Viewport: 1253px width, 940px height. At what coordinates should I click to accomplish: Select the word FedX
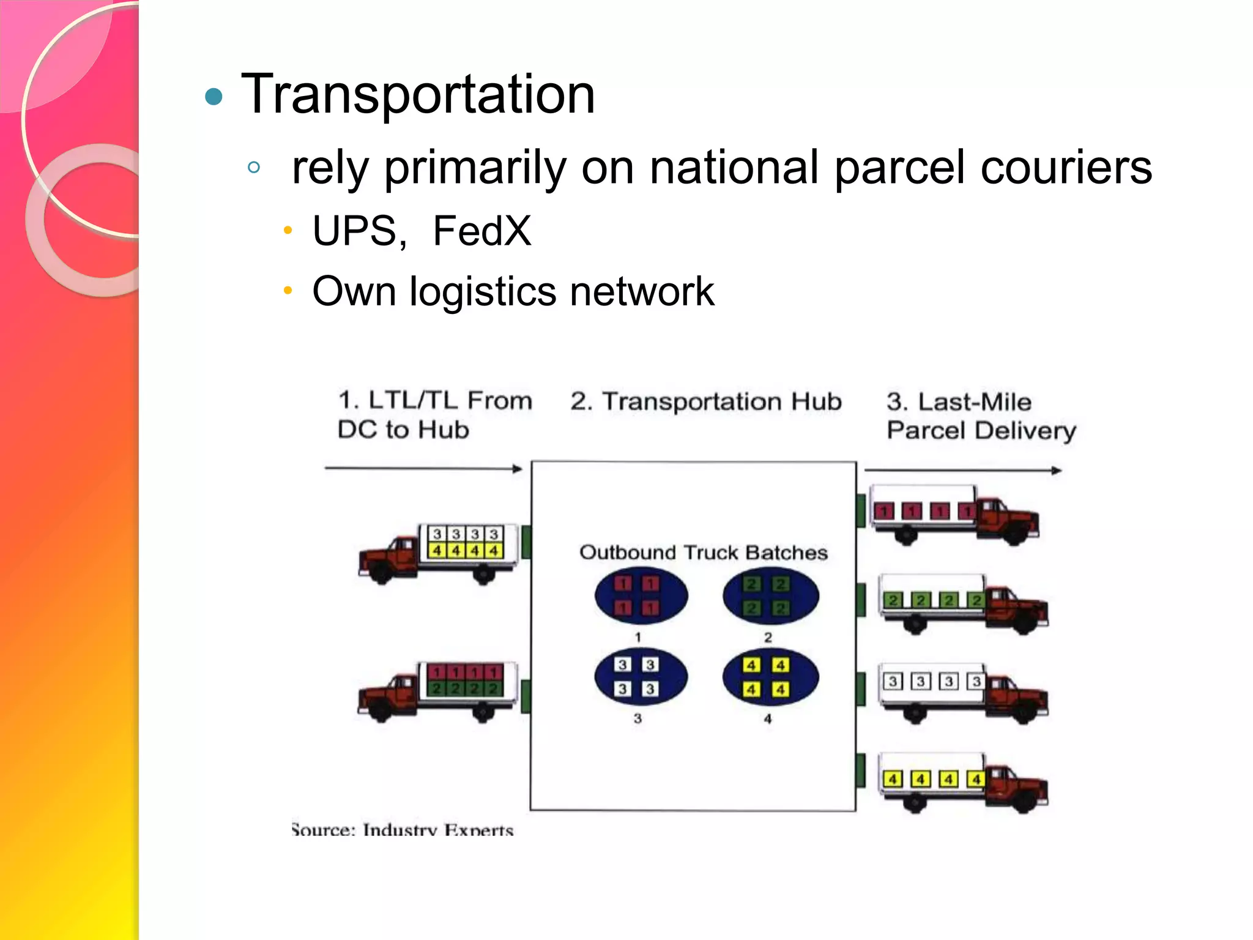[482, 231]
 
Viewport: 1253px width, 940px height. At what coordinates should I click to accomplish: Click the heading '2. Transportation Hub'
[705, 401]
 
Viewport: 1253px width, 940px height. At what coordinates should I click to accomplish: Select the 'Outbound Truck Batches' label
[703, 552]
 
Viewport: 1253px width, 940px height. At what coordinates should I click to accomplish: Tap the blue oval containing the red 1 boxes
[641, 595]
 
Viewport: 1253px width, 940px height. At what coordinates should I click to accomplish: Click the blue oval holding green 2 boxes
[770, 595]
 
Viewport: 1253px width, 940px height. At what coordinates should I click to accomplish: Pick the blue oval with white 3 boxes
[641, 677]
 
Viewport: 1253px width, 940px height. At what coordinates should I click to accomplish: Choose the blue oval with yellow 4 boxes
[770, 677]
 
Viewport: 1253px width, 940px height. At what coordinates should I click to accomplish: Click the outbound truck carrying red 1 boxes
[954, 514]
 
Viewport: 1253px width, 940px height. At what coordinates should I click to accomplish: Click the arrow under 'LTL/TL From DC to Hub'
[423, 469]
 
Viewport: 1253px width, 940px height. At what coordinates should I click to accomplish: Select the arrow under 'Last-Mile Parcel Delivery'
[962, 471]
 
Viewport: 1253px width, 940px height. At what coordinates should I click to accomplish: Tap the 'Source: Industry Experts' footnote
[402, 830]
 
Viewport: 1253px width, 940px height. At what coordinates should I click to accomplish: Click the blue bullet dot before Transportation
[214, 97]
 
